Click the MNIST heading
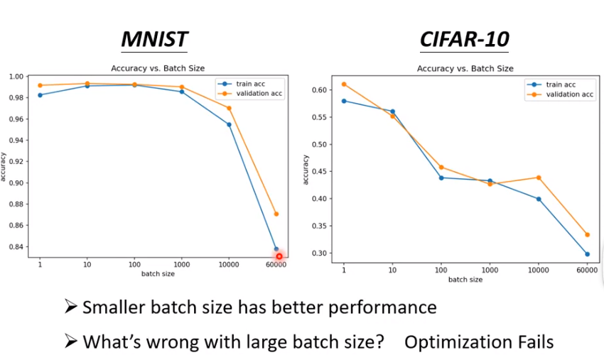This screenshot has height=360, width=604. (x=154, y=39)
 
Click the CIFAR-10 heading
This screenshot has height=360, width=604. (x=465, y=39)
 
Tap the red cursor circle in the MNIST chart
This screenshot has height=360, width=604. (x=279, y=256)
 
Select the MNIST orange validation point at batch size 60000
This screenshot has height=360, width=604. (x=276, y=214)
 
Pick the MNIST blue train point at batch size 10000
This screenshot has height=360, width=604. (x=230, y=124)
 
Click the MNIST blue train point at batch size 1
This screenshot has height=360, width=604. (x=40, y=94)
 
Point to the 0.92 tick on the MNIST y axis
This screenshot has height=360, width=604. (x=16, y=162)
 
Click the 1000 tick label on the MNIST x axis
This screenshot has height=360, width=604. (x=182, y=265)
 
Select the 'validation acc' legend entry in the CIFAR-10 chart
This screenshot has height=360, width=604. (x=560, y=94)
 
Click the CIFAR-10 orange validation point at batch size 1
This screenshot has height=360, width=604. (x=344, y=84)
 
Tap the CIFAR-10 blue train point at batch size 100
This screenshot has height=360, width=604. (x=441, y=178)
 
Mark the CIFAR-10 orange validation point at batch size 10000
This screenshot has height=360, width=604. (x=539, y=178)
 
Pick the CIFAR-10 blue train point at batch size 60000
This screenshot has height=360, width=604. (x=588, y=254)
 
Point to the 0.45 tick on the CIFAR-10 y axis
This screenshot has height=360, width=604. (x=319, y=172)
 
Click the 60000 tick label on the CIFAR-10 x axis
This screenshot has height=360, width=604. (x=587, y=271)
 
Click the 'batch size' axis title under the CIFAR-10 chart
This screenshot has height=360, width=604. (x=465, y=280)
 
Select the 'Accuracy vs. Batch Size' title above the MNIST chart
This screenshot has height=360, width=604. (x=158, y=68)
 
